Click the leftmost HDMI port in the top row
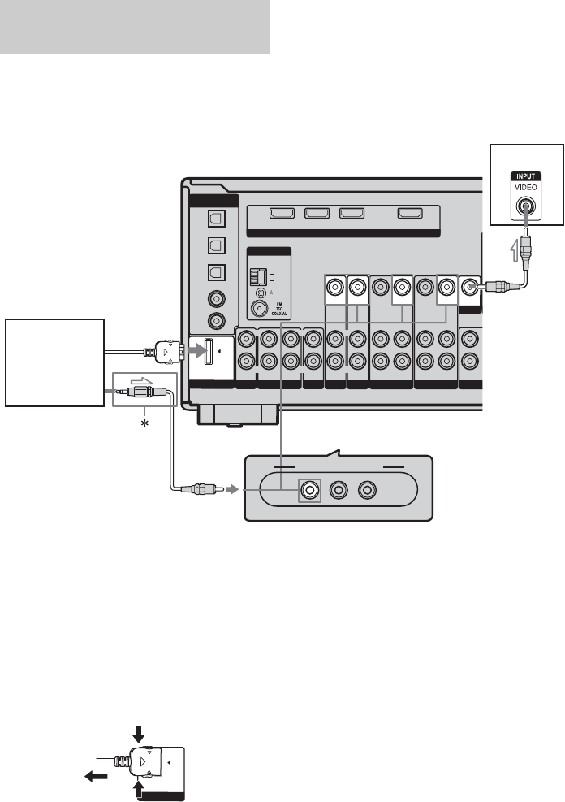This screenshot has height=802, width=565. click(x=282, y=215)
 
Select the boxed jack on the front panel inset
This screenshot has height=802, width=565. click(x=308, y=490)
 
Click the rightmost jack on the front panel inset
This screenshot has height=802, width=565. click(x=369, y=490)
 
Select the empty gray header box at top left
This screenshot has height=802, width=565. click(x=135, y=27)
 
